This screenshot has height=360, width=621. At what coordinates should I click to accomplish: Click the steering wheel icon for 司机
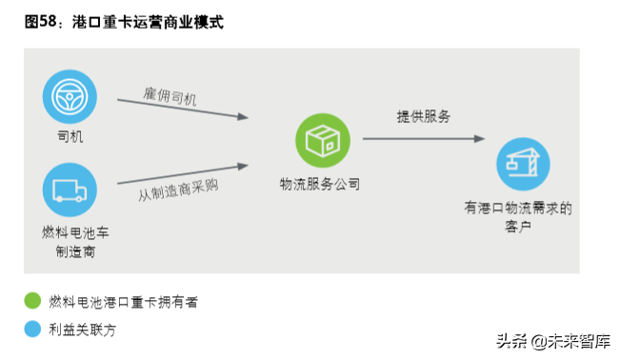point(70,95)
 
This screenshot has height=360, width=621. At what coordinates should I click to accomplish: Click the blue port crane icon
point(523,166)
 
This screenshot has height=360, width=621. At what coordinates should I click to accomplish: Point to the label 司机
point(70,136)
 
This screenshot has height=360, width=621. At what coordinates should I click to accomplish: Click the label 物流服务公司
point(321,184)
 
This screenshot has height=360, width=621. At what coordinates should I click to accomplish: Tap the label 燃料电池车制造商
point(70,242)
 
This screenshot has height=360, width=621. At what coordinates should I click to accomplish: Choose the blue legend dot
point(33,330)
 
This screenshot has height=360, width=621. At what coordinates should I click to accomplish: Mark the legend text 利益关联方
point(88,330)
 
